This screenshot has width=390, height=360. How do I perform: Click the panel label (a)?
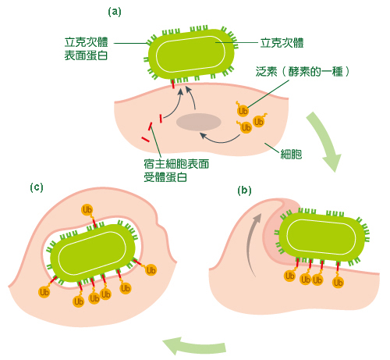coord(115,12)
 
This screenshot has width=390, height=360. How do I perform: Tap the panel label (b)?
coord(244,191)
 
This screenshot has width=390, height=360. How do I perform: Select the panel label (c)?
coord(37,187)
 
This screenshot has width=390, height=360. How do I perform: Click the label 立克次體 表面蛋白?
coord(86,48)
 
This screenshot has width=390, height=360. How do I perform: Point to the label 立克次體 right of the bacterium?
coord(282,43)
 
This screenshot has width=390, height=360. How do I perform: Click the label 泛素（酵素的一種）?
coord(303,71)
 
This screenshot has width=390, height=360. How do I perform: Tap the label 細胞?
coord(291,154)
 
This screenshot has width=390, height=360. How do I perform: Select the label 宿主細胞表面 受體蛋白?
coord(176,170)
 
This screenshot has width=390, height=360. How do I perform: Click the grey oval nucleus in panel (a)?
coord(199,122)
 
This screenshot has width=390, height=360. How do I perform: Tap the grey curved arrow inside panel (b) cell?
coord(253,242)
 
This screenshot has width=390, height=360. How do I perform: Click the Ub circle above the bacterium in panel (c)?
coord(87,210)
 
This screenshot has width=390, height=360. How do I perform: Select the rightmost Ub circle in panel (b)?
coord(338,283)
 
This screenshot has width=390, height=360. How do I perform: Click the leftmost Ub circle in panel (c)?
coord(44,292)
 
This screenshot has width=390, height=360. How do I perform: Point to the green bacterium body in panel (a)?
coord(191,54)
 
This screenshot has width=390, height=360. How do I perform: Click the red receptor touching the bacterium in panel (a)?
coord(172,84)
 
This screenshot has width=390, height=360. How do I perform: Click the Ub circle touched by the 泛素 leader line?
coord(243,111)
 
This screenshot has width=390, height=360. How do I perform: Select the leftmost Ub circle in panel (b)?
coord(289,276)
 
